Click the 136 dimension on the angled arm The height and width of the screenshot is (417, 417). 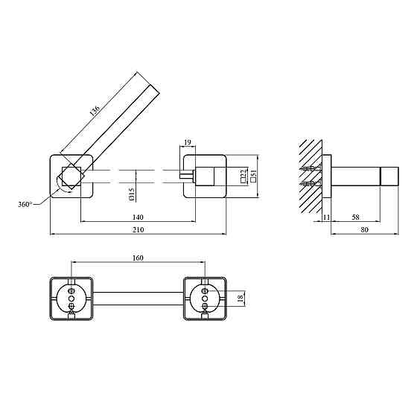[95, 111]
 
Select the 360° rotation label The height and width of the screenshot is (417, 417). [25, 205]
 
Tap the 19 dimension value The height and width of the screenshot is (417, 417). [188, 142]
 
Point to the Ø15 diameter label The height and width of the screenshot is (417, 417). [132, 194]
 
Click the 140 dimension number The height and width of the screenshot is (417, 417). [138, 217]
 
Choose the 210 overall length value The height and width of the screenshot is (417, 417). [138, 229]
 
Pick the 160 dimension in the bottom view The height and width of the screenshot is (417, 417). [138, 258]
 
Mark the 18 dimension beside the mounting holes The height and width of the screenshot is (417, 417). [241, 299]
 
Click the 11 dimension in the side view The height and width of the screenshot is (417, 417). [326, 217]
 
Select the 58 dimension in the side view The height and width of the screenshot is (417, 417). [356, 217]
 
